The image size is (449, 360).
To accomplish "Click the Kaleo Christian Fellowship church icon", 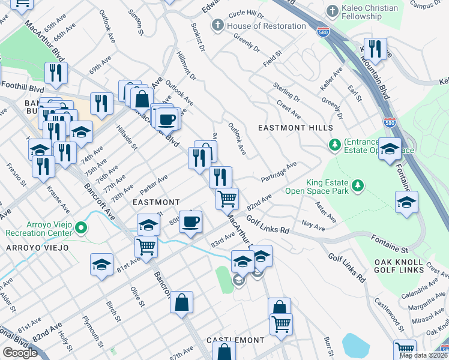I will click(333, 11).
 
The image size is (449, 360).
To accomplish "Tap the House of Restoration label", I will click(267, 26).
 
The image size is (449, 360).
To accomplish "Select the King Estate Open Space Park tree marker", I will click(358, 185).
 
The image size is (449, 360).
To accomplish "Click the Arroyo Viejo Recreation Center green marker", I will click(83, 227).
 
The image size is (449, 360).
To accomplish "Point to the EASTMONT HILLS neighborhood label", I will click(295, 128).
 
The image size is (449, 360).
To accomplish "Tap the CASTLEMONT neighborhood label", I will click(235, 340).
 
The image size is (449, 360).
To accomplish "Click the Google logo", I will click(20, 353).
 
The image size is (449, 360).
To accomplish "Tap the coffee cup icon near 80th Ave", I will click(191, 221).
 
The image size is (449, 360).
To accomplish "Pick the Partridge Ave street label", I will click(279, 172).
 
